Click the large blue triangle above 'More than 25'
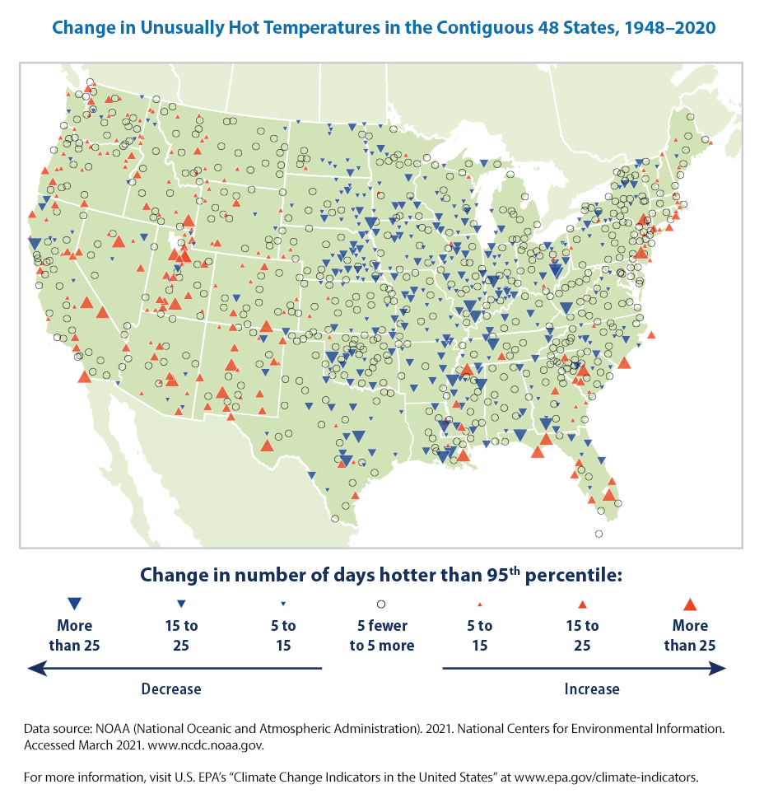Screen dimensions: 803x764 (74, 603)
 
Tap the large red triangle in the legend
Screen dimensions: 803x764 (690, 603)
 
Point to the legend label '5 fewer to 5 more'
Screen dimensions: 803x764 (381, 635)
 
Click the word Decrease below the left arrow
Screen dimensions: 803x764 (170, 688)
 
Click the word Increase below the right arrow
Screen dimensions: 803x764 (592, 688)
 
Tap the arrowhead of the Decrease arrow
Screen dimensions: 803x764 (35, 669)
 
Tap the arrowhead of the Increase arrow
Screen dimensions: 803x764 (719, 669)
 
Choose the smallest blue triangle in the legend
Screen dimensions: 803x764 (283, 604)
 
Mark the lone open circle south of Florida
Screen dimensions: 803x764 (599, 534)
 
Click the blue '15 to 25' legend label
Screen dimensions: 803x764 (181, 635)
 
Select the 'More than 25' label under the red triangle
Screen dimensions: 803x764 (690, 635)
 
